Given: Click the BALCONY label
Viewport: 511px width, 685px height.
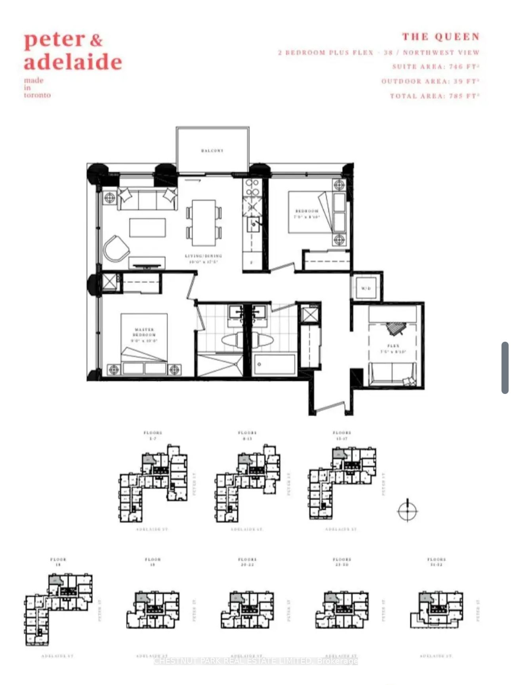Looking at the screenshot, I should click(212, 151).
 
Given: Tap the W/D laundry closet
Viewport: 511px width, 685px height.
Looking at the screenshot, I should click(366, 288).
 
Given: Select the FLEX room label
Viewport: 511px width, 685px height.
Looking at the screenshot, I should click(394, 346).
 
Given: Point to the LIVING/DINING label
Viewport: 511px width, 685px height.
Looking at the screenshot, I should click(203, 256).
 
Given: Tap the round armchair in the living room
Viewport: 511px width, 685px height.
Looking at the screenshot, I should click(116, 249).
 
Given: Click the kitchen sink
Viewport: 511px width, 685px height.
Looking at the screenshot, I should click(253, 225).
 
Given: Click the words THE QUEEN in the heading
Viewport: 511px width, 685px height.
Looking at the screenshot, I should click(441, 37).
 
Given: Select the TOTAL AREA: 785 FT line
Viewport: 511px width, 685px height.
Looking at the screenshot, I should click(435, 96).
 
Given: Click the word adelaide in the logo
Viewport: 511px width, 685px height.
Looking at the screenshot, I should click(73, 62).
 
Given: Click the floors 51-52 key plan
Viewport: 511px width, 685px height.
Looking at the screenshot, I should click(437, 610).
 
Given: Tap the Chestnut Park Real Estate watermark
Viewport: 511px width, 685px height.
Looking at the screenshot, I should click(255, 661).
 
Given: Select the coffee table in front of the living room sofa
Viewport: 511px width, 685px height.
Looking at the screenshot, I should click(147, 228).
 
